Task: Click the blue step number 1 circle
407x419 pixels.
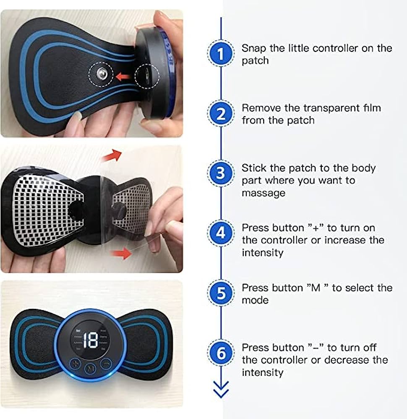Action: pyautogui.click(x=221, y=54)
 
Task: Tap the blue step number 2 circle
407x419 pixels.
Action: pyautogui.click(x=221, y=114)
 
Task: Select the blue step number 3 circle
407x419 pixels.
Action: pyautogui.click(x=221, y=173)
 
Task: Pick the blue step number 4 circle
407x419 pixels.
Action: pyautogui.click(x=221, y=234)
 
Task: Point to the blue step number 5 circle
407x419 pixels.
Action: pyautogui.click(x=221, y=294)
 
